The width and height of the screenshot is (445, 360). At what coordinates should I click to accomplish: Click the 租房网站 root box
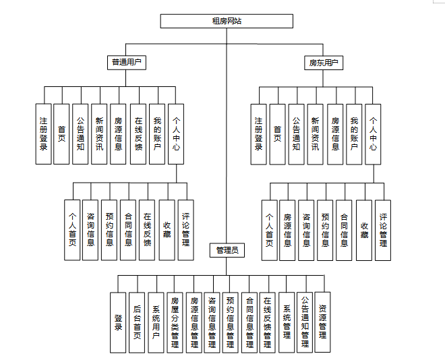click(x=227, y=21)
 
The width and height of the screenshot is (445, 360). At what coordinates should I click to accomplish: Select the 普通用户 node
click(x=128, y=63)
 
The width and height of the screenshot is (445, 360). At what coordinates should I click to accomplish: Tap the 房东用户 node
click(x=322, y=63)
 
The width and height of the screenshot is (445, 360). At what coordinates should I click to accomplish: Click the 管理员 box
click(x=227, y=251)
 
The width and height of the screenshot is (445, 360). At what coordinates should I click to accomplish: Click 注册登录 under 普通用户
click(x=44, y=133)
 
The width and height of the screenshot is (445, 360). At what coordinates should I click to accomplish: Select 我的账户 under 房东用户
click(x=354, y=133)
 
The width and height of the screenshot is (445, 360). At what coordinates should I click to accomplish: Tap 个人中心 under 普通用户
click(x=176, y=133)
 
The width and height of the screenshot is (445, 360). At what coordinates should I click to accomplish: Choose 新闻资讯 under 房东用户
click(x=315, y=133)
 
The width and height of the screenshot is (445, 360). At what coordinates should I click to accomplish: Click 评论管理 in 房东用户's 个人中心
click(x=383, y=231)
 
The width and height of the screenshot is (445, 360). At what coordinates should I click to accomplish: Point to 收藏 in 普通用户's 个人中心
click(x=167, y=231)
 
